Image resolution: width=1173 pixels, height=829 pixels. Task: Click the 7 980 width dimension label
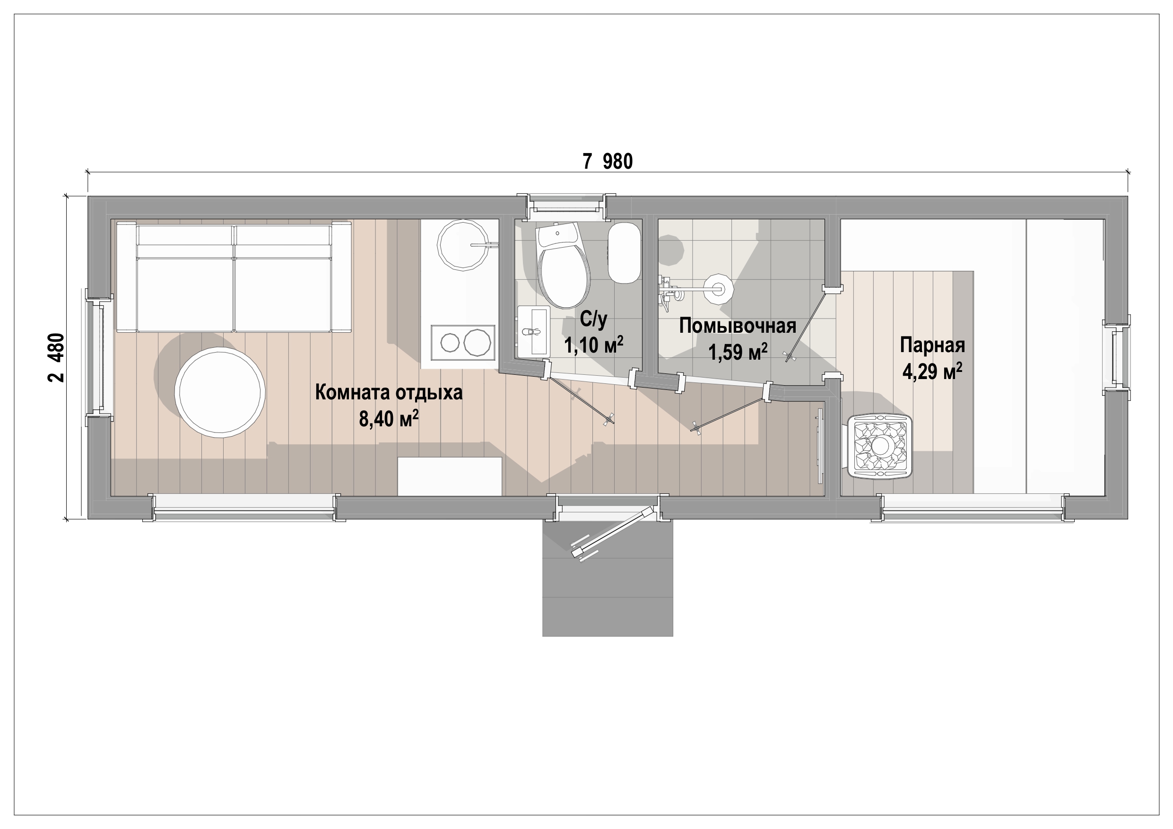coord(608,162)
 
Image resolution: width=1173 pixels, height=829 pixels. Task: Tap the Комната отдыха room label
coord(389,392)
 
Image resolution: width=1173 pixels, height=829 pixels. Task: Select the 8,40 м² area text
coord(389,419)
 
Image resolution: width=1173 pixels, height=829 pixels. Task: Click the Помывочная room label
coord(737,325)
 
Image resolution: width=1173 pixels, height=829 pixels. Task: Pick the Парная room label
coord(932,345)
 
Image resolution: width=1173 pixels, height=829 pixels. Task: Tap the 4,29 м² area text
coord(932,371)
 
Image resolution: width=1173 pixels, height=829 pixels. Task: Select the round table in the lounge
coord(220,392)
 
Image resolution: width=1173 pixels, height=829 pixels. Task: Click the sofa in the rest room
coord(234,277)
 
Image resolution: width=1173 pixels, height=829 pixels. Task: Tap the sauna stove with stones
coord(880,447)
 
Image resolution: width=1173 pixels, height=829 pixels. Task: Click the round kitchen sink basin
coord(462,245)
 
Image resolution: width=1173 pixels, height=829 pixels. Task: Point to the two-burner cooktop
coord(463,342)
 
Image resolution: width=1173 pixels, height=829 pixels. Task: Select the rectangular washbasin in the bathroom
coord(533,331)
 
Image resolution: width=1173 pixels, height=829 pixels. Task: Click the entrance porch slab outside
coord(608,578)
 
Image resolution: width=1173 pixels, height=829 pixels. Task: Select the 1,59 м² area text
coord(737,352)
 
